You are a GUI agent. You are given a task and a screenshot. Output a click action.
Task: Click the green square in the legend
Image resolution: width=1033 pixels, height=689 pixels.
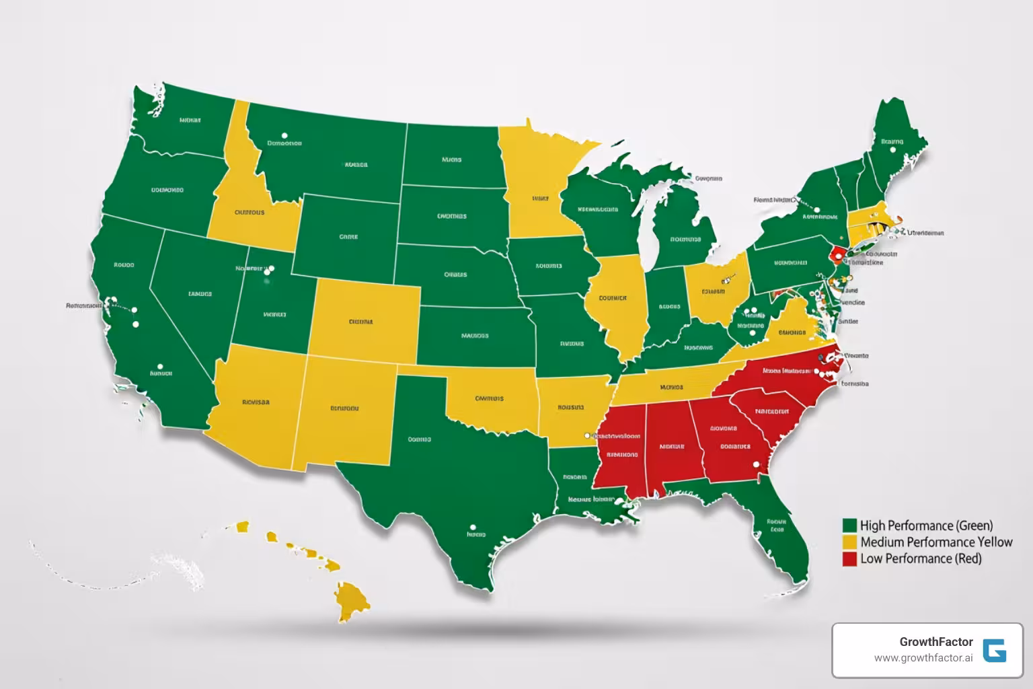coord(849,525)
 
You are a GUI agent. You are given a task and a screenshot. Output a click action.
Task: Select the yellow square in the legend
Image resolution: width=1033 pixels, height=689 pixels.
coord(849,542)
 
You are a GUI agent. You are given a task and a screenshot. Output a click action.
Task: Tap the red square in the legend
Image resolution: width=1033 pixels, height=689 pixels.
coord(849,558)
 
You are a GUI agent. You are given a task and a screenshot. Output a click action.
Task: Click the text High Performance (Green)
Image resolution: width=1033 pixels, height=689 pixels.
coord(926,525)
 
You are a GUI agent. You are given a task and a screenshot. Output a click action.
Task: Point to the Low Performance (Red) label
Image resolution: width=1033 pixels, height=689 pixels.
coord(921,558)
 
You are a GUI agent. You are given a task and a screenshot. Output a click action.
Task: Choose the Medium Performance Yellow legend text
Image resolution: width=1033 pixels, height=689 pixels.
coord(936,542)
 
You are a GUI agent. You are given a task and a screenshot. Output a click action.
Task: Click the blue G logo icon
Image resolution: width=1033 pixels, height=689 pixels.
coord(994,651)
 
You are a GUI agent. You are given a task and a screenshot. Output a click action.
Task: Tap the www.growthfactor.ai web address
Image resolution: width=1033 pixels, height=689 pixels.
coord(923,658)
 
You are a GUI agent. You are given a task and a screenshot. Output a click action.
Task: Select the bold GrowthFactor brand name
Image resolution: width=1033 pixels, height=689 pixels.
coord(935,642)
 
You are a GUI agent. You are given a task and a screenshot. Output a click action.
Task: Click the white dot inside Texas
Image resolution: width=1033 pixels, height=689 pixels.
coord(473,528)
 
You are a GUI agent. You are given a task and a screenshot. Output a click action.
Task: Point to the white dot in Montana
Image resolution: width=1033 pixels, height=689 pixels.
coord(284,135)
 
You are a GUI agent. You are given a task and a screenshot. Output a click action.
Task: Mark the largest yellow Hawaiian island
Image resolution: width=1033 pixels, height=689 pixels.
coord(352,599)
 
